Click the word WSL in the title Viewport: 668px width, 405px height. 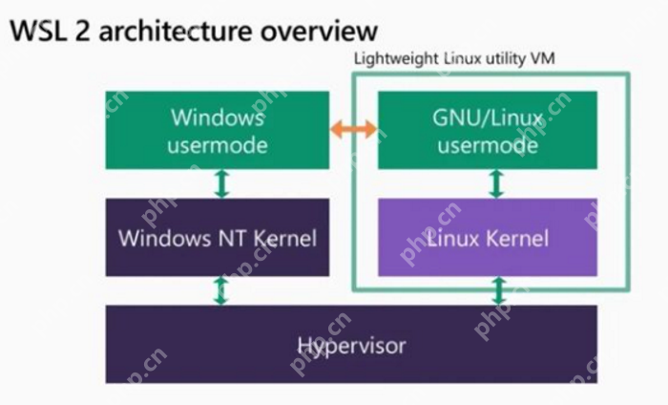point(35,31)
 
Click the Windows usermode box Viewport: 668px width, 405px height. point(217,131)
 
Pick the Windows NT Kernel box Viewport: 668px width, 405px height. point(217,237)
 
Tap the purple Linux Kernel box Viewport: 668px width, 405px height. point(488,237)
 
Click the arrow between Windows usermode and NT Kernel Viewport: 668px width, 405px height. point(222,183)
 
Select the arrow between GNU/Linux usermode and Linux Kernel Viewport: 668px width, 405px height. point(495,183)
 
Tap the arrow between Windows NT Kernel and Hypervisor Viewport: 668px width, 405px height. point(221,290)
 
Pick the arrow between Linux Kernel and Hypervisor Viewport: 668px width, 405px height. point(495,290)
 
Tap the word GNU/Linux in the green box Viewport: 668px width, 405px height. point(488,118)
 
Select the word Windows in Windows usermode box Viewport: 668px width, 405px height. point(217,118)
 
